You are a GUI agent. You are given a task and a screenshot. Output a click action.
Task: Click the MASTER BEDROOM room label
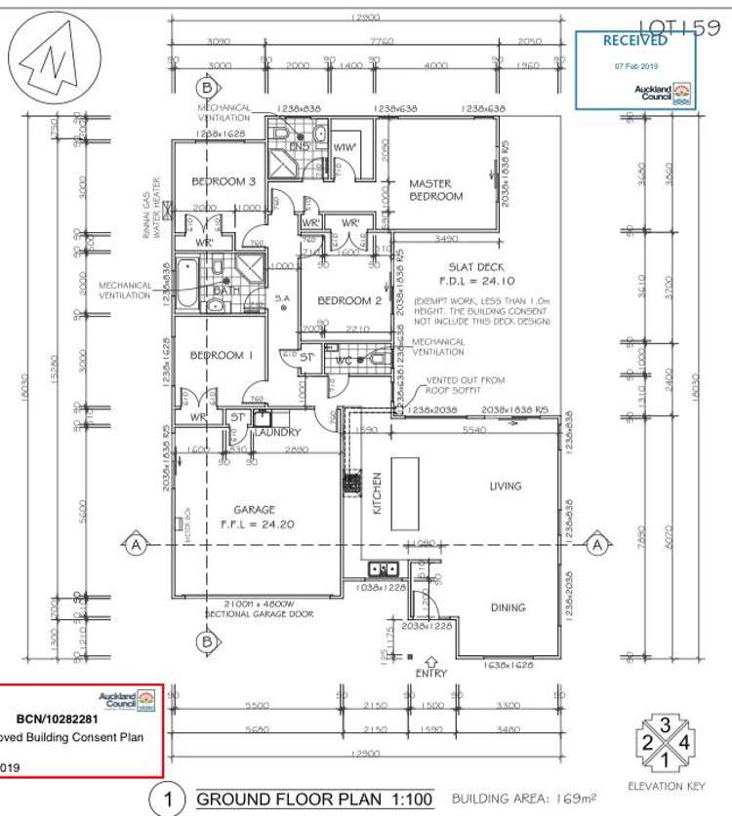pyautogui.click(x=435, y=189)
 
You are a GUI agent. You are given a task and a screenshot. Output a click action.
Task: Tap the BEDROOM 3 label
pyautogui.click(x=224, y=181)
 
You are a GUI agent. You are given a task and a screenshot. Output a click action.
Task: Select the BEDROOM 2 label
pyautogui.click(x=347, y=300)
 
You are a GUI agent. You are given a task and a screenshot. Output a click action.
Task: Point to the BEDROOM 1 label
pyautogui.click(x=222, y=356)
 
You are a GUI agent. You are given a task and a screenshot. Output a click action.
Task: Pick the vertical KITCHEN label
pyautogui.click(x=375, y=493)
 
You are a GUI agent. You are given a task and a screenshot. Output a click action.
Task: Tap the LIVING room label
pyautogui.click(x=506, y=486)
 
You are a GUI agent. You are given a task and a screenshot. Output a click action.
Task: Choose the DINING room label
pyautogui.click(x=508, y=607)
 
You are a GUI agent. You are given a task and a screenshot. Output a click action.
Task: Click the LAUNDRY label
pyautogui.click(x=279, y=432)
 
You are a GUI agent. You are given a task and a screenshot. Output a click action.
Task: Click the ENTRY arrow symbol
pyautogui.click(x=430, y=662)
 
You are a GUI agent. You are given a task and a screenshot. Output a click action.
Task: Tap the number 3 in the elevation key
pyautogui.click(x=665, y=724)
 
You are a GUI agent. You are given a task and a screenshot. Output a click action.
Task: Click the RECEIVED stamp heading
pyautogui.click(x=635, y=41)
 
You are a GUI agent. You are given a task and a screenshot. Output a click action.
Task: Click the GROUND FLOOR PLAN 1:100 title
pyautogui.click(x=314, y=799)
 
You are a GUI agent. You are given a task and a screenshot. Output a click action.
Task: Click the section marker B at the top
pyautogui.click(x=206, y=85)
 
